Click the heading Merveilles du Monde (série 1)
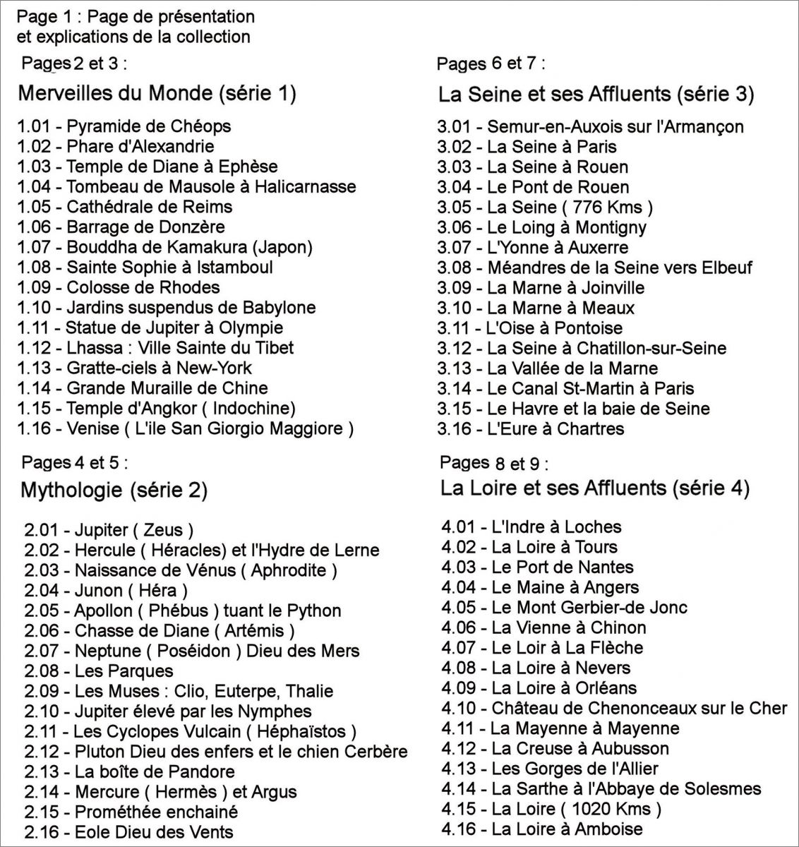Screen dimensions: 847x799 [x=157, y=93]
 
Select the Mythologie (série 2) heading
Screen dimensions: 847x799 [x=114, y=489]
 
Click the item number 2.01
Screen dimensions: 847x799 [x=41, y=530]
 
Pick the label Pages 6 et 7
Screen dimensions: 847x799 [x=491, y=64]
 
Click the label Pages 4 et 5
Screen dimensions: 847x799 [x=75, y=463]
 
